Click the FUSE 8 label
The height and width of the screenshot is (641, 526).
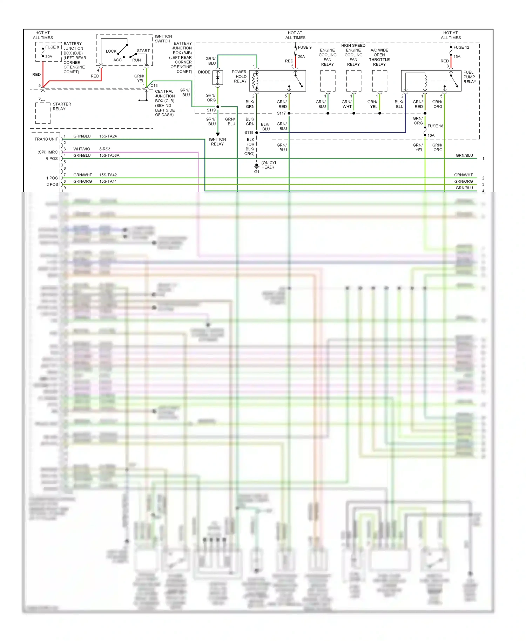coord(52,47)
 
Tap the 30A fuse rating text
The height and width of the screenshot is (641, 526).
coord(49,56)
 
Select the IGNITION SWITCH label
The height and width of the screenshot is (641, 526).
coord(163,39)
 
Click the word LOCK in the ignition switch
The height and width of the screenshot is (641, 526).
coord(111,51)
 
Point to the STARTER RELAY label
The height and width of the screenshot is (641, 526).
coord(61,107)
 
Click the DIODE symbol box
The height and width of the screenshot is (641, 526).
coord(217,77)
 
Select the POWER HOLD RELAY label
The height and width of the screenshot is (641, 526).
coord(240,76)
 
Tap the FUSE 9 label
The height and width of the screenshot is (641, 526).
coord(304,47)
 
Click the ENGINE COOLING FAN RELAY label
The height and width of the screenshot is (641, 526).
coord(327,57)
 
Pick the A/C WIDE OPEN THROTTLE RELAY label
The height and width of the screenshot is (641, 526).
coord(379,57)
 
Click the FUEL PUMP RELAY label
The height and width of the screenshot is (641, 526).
coord(469,77)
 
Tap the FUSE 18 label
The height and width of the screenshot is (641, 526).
coord(435,126)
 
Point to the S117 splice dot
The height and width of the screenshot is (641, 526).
coord(289,113)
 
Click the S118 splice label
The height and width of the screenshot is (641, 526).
coord(249,133)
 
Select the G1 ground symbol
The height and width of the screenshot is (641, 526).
coord(257,167)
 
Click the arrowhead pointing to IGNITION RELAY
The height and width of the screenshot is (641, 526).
coord(218,134)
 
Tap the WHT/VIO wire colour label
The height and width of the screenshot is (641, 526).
coord(81,149)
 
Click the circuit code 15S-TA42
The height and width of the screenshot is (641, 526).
coord(108,175)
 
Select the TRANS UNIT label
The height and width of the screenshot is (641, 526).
coord(46,139)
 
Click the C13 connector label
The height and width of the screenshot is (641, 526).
coord(154,86)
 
